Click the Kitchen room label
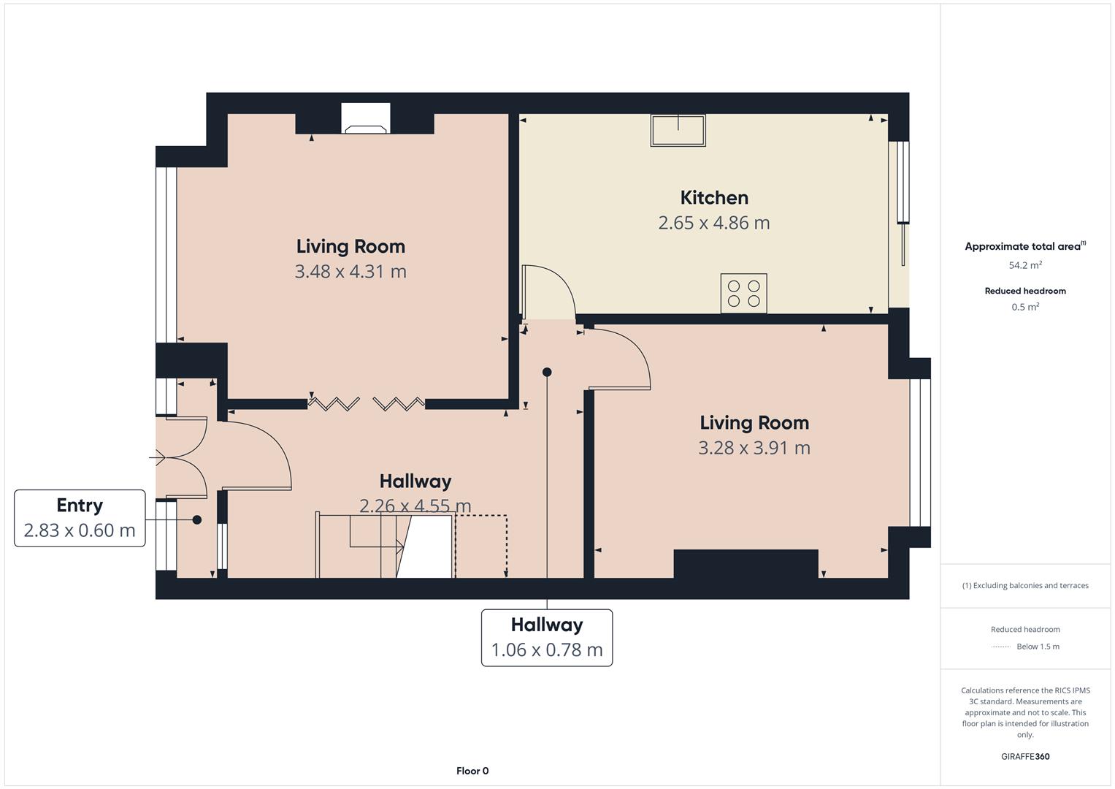pyautogui.click(x=714, y=198)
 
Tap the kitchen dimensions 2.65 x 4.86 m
pyautogui.click(x=714, y=223)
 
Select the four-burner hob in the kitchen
pyautogui.click(x=743, y=294)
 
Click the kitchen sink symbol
pyautogui.click(x=678, y=130)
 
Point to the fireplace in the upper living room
pyautogui.click(x=366, y=118)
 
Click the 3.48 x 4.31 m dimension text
pyautogui.click(x=350, y=272)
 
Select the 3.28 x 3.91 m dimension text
pyautogui.click(x=754, y=448)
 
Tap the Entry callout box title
pyautogui.click(x=80, y=505)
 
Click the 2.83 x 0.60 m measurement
pyautogui.click(x=80, y=530)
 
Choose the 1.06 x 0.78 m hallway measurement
pyautogui.click(x=547, y=649)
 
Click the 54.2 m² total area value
pyautogui.click(x=1025, y=265)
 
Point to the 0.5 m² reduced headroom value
pyautogui.click(x=1025, y=307)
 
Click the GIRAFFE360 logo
pyautogui.click(x=1025, y=756)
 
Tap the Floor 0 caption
pyautogui.click(x=472, y=771)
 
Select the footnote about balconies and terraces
pyautogui.click(x=1025, y=585)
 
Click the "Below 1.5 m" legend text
pyautogui.click(x=1038, y=647)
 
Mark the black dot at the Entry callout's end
pyautogui.click(x=197, y=519)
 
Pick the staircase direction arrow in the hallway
pyautogui.click(x=376, y=547)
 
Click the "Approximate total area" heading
pyautogui.click(x=1025, y=246)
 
